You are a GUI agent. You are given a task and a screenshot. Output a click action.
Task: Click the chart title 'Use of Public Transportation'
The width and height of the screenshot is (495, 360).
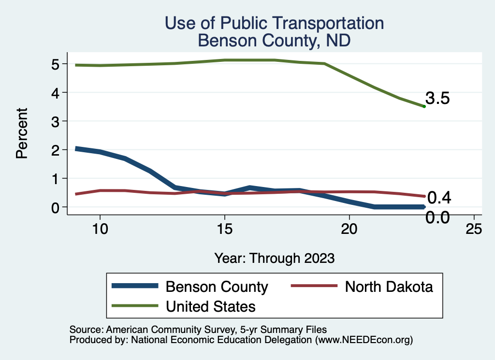[x=274, y=23]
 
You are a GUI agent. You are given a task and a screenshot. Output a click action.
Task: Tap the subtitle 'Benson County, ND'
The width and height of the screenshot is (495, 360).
[x=274, y=41]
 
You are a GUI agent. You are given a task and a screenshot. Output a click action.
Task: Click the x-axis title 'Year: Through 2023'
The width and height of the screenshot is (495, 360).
[x=274, y=258]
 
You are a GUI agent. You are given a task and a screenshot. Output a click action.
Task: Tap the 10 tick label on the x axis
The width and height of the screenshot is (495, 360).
[x=100, y=230]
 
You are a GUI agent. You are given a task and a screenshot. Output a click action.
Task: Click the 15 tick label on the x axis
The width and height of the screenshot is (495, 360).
[x=224, y=230]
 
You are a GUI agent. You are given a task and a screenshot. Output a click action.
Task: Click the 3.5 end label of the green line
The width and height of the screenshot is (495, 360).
[x=438, y=99]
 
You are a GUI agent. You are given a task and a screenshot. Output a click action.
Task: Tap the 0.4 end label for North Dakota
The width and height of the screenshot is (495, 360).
[x=439, y=197]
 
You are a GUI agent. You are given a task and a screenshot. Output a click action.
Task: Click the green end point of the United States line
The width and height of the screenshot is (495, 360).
[x=424, y=106]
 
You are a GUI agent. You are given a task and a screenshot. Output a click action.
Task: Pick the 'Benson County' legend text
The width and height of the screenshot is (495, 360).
[x=217, y=287]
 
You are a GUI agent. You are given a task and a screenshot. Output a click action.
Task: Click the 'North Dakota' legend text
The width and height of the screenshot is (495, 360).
[x=389, y=287]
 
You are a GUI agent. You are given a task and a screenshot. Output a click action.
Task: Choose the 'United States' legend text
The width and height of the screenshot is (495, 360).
[x=211, y=306]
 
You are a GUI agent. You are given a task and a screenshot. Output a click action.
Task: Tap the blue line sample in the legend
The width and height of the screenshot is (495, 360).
[x=135, y=286]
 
